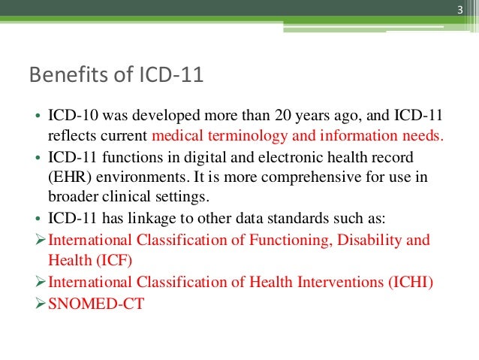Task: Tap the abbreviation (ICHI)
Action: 411,282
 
